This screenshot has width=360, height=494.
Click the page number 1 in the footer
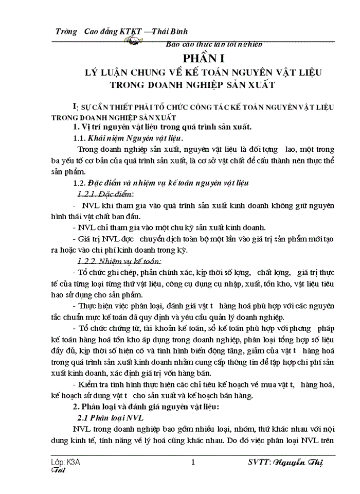point(193,462)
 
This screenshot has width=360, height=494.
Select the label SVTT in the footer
point(260,462)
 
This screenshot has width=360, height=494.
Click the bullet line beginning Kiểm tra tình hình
point(204,384)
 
